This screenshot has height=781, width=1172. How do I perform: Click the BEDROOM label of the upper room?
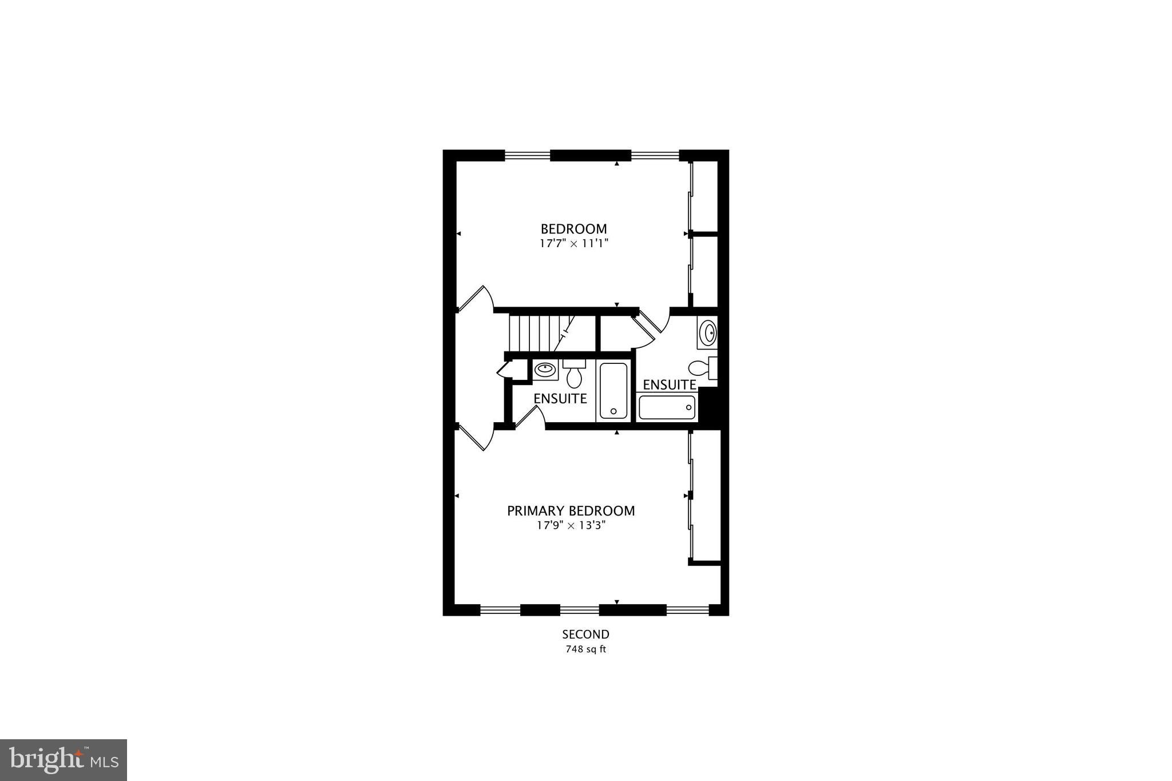pyautogui.click(x=573, y=229)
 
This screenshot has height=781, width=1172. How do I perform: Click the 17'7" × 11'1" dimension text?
pyautogui.click(x=573, y=243)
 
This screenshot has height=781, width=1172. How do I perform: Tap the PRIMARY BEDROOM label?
pyautogui.click(x=571, y=510)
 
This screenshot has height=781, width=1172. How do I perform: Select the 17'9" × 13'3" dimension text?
pyautogui.click(x=571, y=525)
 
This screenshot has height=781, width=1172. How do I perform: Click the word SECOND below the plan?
pyautogui.click(x=585, y=634)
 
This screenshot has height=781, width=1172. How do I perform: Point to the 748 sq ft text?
pyautogui.click(x=585, y=649)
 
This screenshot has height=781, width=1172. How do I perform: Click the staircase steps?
pyautogui.click(x=535, y=333)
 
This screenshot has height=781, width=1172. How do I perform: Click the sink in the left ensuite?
pyautogui.click(x=545, y=369)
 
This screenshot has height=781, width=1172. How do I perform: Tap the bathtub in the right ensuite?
pyautogui.click(x=667, y=407)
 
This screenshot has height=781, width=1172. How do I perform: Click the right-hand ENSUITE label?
pyautogui.click(x=669, y=384)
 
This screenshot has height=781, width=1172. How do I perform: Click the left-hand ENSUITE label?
pyautogui.click(x=560, y=398)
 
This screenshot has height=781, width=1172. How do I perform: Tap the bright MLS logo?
pyautogui.click(x=64, y=759)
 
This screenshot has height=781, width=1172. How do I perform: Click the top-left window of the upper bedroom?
pyautogui.click(x=527, y=154)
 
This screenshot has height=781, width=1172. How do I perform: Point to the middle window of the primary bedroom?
pyautogui.click(x=579, y=610)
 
